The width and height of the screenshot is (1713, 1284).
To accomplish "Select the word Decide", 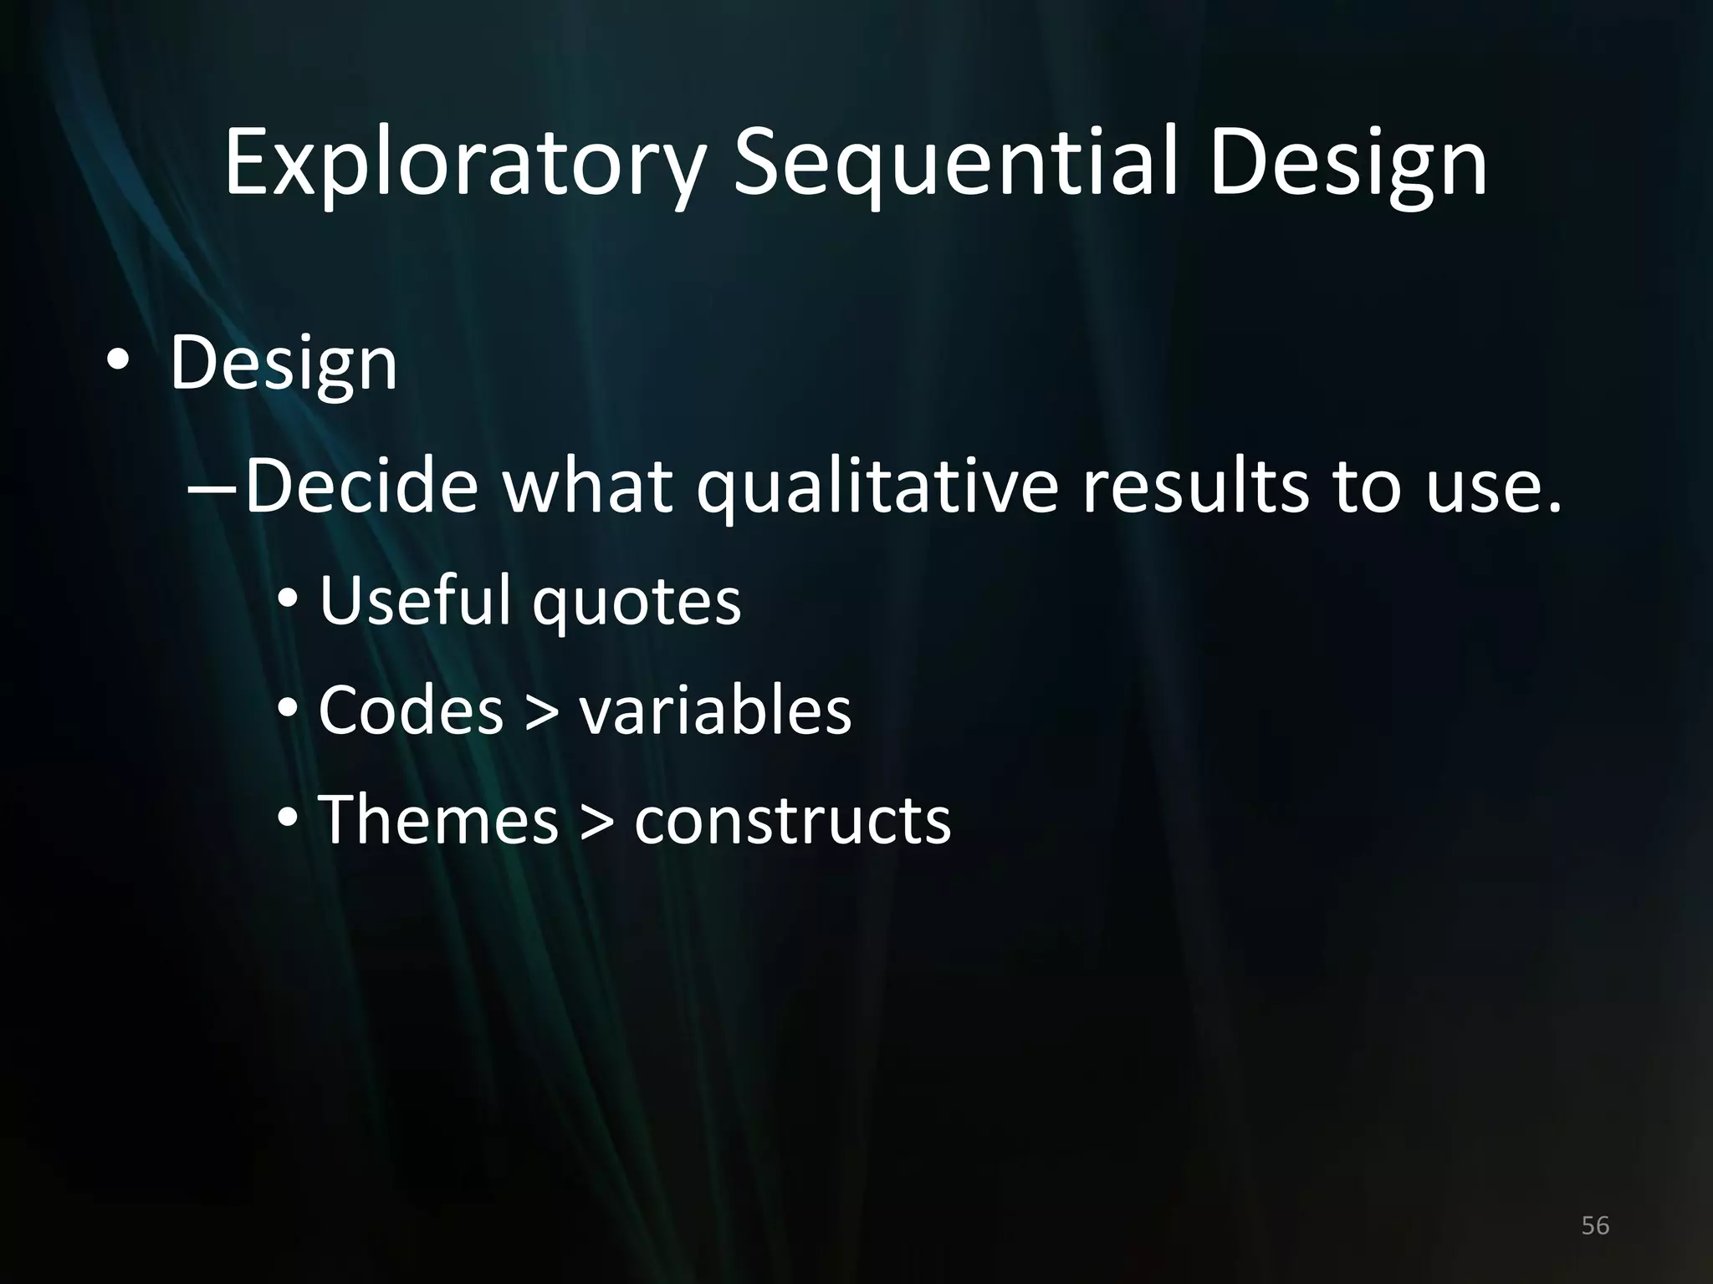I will [x=361, y=487].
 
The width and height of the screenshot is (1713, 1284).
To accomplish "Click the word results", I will [x=1194, y=487].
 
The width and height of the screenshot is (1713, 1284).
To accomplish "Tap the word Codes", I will [x=411, y=711].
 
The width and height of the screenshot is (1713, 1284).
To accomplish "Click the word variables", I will [x=715, y=711].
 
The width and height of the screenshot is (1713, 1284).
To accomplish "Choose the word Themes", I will [x=437, y=820].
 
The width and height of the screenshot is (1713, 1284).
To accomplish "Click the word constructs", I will [x=792, y=822].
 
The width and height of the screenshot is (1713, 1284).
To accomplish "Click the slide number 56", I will [x=1595, y=1225].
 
